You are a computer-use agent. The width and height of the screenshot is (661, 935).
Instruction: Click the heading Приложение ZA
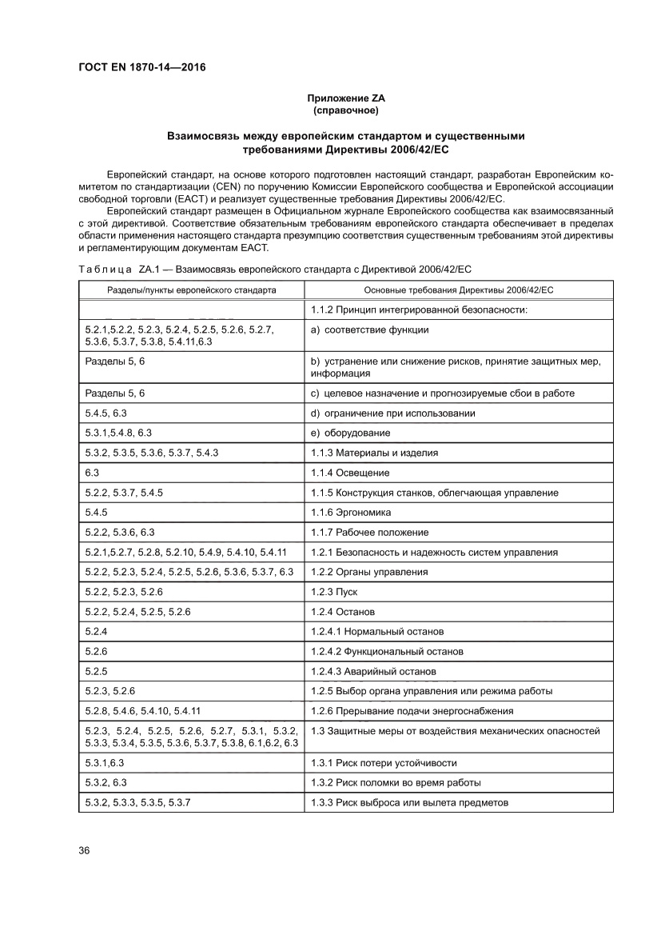pos(346,98)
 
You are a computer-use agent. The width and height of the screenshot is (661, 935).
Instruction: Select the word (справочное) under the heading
pos(346,110)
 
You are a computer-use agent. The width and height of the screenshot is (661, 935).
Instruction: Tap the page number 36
pos(84,849)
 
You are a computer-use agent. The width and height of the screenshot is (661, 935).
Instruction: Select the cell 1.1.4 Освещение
pos(350,473)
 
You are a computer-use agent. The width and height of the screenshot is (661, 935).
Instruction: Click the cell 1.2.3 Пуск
pos(334,592)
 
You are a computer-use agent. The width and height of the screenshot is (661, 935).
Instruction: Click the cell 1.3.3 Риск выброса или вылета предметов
pos(409,802)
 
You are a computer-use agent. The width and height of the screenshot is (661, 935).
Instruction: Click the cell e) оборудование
pos(350,433)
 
